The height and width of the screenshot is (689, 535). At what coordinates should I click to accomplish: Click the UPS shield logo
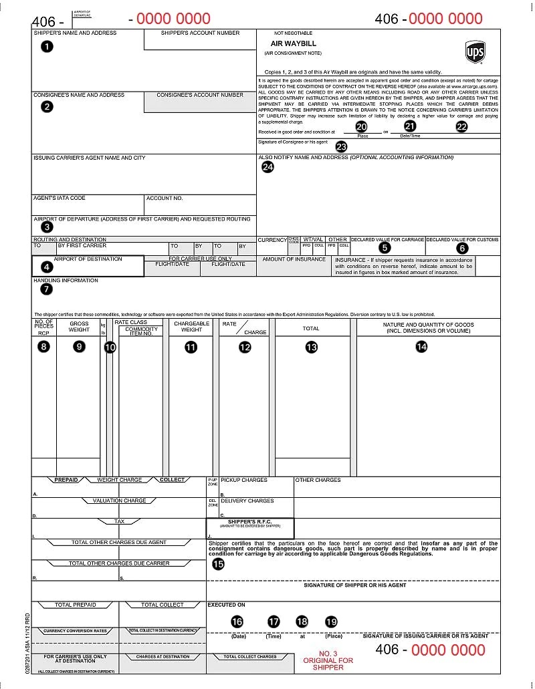[x=475, y=51]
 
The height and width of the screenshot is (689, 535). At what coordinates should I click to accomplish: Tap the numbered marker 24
[x=267, y=167]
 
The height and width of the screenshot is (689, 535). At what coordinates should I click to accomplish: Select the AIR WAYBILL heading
[x=284, y=43]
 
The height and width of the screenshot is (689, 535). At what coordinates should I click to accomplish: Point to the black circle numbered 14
[x=421, y=346]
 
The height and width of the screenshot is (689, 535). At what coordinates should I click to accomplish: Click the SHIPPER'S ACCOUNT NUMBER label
[x=199, y=33]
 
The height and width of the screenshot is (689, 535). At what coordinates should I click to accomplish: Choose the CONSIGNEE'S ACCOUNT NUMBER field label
[x=200, y=95]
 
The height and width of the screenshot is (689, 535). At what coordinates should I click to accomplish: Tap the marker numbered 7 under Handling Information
[x=46, y=289]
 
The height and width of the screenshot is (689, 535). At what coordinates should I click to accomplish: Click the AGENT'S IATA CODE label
[x=60, y=198]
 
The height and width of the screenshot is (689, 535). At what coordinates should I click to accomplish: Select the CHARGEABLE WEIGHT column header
[x=191, y=326]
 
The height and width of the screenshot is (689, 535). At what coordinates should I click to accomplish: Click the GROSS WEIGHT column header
[x=79, y=326]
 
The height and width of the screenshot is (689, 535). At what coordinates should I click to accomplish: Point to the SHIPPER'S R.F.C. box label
[x=249, y=522]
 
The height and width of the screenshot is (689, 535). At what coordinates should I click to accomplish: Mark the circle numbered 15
[x=218, y=563]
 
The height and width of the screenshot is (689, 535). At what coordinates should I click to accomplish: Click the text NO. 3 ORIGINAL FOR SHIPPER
[x=328, y=660]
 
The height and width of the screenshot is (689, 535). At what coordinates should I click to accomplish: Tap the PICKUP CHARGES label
[x=244, y=480]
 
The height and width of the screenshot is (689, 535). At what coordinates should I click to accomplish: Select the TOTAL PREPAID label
[x=75, y=605]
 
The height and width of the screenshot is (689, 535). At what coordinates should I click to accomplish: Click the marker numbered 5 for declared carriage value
[x=384, y=247]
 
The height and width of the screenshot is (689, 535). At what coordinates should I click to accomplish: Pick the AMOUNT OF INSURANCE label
[x=294, y=259]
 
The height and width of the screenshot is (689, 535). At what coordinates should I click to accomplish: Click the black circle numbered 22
[x=461, y=126]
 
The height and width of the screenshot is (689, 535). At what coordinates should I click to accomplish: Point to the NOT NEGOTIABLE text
[x=293, y=33]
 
